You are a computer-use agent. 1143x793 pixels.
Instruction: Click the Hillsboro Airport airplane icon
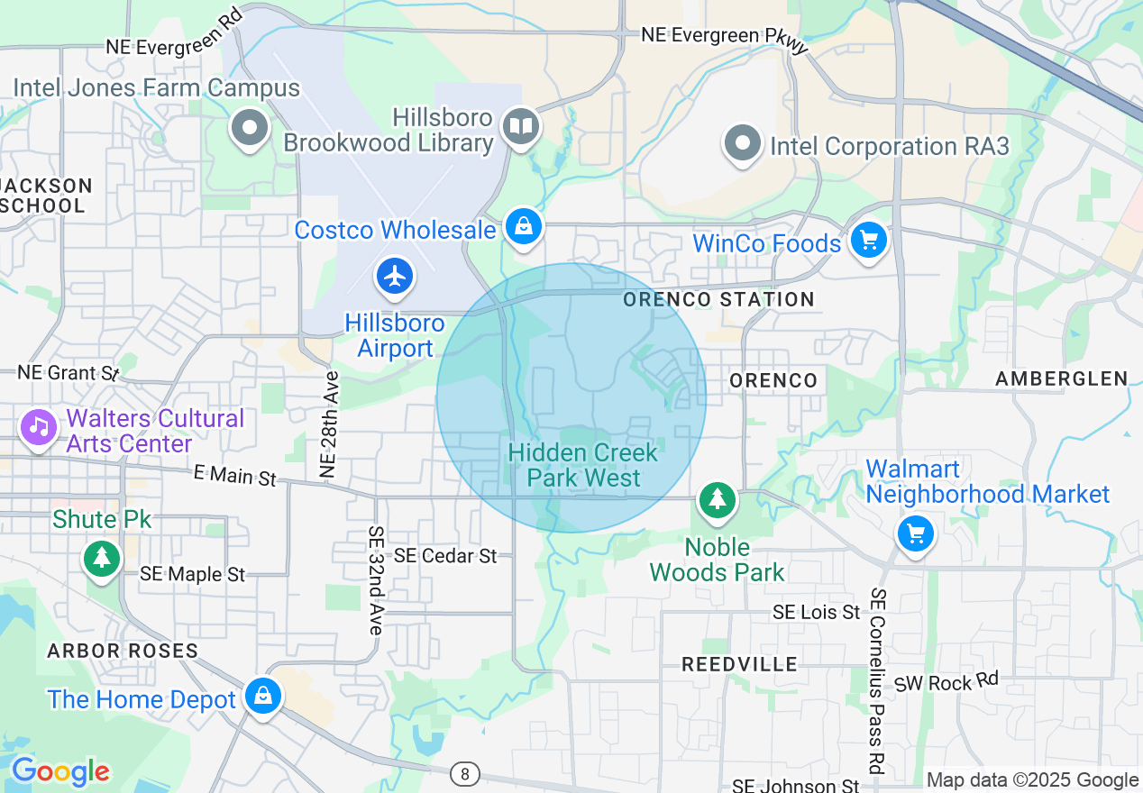click(395, 277)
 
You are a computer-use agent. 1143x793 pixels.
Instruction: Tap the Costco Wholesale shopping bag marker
click(523, 226)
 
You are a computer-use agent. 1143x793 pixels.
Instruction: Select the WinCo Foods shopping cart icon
click(869, 241)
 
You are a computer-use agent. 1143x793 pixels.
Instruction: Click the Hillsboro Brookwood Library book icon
click(520, 127)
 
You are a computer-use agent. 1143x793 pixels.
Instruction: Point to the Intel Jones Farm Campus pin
click(250, 128)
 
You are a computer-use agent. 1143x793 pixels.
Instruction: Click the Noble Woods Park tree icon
click(718, 500)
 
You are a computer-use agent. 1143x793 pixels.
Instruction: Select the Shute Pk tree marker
click(102, 558)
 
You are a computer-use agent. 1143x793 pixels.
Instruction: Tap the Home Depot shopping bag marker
click(262, 696)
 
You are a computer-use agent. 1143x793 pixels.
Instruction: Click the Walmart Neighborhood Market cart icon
click(916, 534)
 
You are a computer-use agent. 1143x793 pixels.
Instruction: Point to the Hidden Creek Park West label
click(584, 465)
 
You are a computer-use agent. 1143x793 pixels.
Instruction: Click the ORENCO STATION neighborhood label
click(718, 299)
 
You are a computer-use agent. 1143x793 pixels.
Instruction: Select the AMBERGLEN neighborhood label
click(1061, 379)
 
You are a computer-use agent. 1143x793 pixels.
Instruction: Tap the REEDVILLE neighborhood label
click(739, 664)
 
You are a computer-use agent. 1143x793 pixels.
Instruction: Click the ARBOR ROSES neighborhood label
click(123, 651)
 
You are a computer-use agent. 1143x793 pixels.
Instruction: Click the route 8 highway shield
click(465, 773)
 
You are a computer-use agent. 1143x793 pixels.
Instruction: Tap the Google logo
click(59, 771)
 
